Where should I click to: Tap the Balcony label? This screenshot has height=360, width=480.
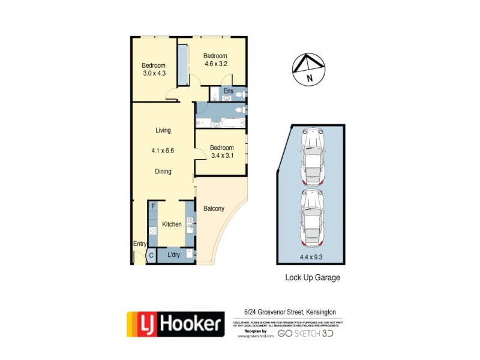(x=214, y=209)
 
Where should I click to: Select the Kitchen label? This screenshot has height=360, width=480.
(x=172, y=224)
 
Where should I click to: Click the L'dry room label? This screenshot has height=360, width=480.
(x=173, y=255)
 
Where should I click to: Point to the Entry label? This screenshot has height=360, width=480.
(x=139, y=244)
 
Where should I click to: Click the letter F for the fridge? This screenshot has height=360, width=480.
(x=154, y=207)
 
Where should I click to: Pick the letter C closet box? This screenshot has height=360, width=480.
(x=152, y=255)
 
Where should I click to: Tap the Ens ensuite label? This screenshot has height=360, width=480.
(x=228, y=91)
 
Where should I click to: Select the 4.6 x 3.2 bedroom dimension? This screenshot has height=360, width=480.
(x=215, y=64)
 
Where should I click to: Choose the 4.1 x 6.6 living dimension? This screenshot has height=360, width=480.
(x=163, y=151)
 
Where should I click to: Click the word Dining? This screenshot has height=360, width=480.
(x=163, y=172)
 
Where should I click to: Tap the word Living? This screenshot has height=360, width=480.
(x=163, y=130)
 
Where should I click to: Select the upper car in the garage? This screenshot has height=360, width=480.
(x=312, y=155)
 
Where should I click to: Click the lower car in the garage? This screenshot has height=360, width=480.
(x=312, y=217)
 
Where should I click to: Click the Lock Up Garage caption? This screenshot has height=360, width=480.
(x=312, y=278)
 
